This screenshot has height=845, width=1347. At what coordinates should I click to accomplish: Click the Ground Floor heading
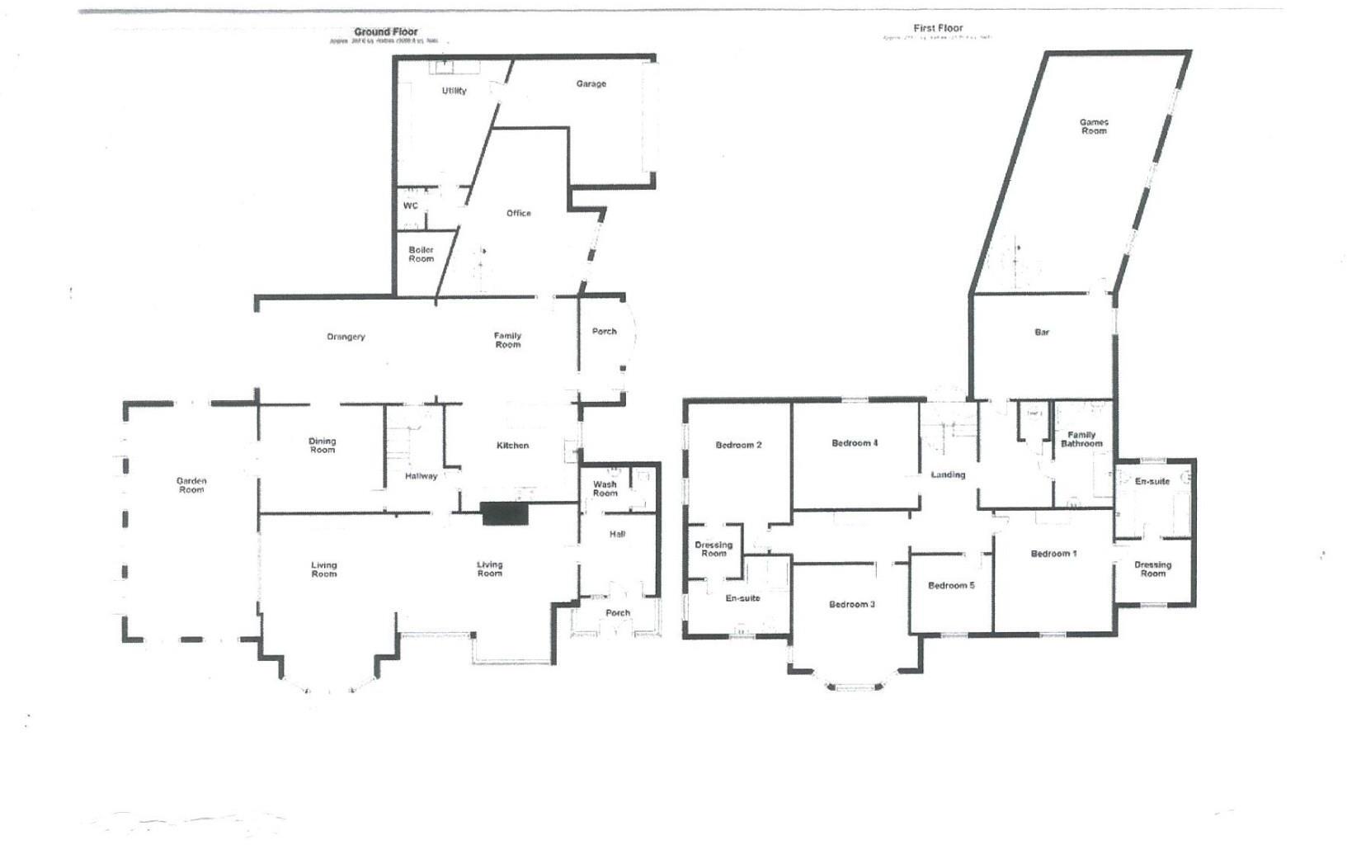point(385,32)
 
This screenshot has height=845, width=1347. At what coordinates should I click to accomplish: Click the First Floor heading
point(938,28)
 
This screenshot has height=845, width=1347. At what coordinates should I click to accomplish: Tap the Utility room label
point(454,91)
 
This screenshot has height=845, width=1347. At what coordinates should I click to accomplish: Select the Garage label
point(591,84)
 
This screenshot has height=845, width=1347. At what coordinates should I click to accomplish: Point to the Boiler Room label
point(421,254)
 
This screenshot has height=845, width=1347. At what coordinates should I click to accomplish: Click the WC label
point(410,206)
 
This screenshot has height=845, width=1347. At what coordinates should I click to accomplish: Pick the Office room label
point(518,214)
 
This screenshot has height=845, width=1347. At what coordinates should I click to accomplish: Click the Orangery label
point(345,337)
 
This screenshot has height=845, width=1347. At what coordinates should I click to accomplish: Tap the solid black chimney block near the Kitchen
point(505,514)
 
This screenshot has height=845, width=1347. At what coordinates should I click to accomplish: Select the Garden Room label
point(191,485)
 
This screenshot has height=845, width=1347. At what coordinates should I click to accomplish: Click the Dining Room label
point(323,446)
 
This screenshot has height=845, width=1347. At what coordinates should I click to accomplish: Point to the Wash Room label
point(605,489)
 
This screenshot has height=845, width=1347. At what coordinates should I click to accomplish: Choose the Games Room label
point(1094,126)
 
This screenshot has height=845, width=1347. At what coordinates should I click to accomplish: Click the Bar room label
point(1042,333)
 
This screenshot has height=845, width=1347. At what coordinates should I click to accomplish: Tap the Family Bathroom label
point(1081,439)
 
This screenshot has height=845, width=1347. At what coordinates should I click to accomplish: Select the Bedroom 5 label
point(951,586)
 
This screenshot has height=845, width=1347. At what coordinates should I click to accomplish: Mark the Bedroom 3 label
point(852,605)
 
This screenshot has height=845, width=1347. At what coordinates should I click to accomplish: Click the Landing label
point(948,475)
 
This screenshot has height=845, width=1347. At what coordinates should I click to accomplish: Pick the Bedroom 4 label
point(855,444)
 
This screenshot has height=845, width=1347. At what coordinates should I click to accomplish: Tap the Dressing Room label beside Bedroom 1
point(1152,569)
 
